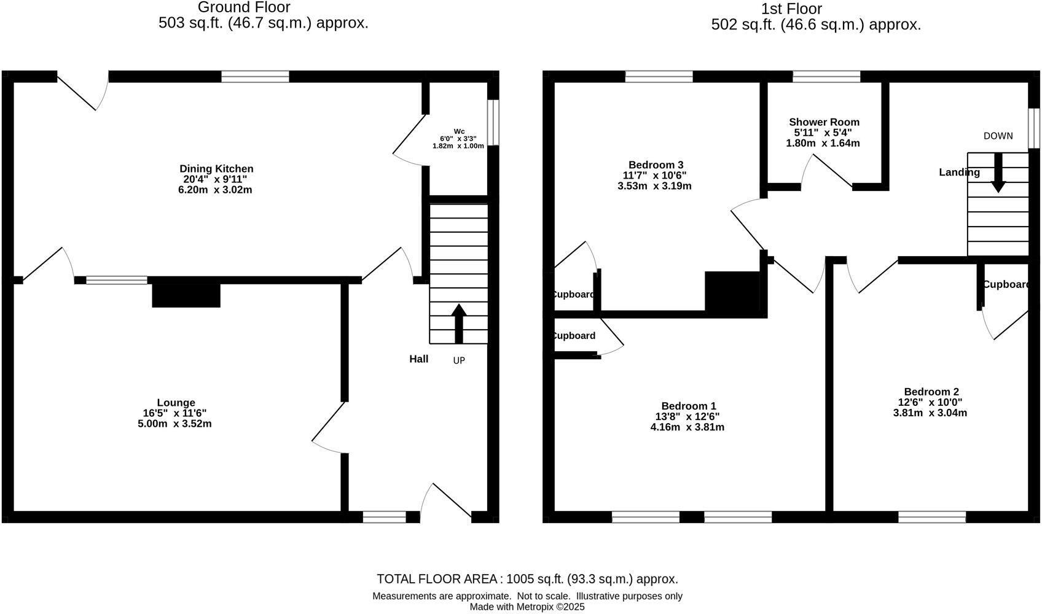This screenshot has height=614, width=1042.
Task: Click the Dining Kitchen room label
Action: pos(216,169)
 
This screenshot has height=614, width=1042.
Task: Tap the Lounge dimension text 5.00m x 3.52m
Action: pos(174,424)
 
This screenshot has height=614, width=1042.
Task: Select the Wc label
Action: pos(459,131)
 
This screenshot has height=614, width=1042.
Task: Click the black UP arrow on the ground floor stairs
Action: pos(458,323)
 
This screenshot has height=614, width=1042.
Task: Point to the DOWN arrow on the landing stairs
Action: pos(998,173)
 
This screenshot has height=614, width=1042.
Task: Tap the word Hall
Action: pos(419,359)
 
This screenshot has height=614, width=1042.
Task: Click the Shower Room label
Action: pos(824,122)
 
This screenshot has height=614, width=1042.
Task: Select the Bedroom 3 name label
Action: pos(656,165)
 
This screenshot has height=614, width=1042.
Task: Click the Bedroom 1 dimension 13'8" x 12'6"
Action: pos(687,416)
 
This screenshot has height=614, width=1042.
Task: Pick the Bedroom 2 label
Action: pos(931,392)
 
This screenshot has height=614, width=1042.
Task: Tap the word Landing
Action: pos(959,173)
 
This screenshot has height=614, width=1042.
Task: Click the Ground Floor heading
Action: pos(244,7)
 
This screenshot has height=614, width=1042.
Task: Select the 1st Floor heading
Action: pos(791,9)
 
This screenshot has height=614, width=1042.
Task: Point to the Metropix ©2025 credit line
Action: pos(527,607)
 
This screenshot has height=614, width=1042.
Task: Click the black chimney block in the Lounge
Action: pos(186,295)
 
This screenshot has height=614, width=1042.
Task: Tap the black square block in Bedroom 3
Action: pos(733,292)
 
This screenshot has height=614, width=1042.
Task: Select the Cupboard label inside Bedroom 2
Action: pos(1006,284)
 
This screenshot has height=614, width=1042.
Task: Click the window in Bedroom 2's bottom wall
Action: pos(932,517)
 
